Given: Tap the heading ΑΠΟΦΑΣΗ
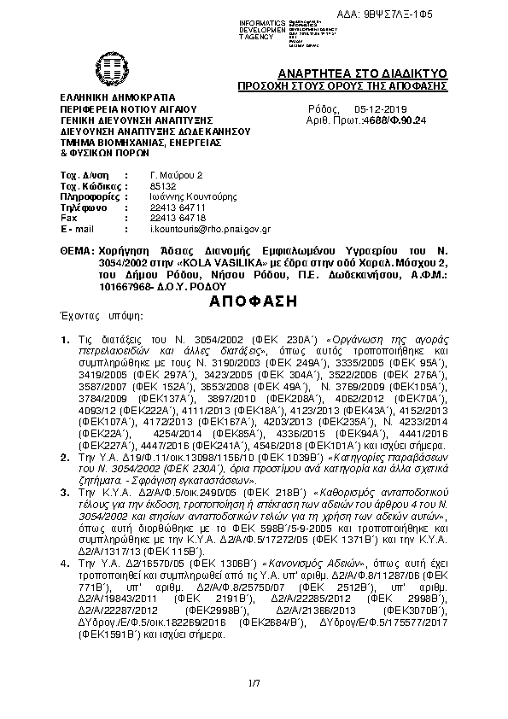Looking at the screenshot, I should pos(253,301).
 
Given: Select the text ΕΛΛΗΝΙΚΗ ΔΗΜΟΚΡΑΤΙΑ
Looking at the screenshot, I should pos(117,98).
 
